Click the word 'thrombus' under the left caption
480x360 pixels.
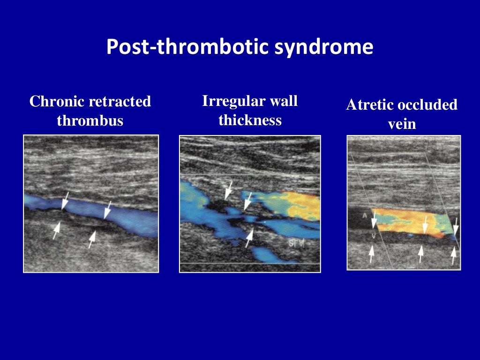click(x=90, y=121)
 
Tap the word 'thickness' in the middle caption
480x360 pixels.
click(x=250, y=120)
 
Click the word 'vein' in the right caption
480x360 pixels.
click(x=402, y=125)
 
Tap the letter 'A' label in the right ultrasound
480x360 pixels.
click(x=363, y=215)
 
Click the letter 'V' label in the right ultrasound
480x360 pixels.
click(x=373, y=236)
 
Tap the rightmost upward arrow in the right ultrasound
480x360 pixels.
click(x=453, y=255)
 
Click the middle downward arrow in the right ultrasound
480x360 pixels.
click(x=425, y=225)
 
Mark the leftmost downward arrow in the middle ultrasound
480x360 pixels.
click(x=229, y=190)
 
